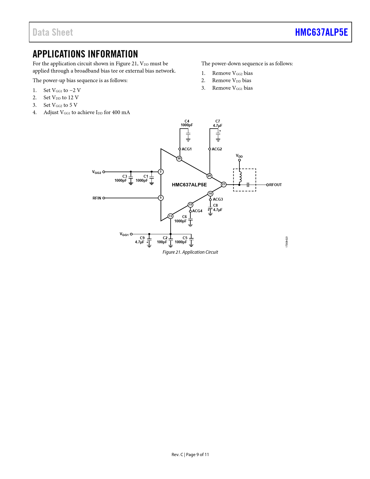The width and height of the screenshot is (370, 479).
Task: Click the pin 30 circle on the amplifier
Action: [x=179, y=159]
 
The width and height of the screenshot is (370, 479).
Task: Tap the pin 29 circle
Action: [x=209, y=176]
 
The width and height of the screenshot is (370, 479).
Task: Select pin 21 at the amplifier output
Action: [x=223, y=185]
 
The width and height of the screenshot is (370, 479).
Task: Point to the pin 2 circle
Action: [x=161, y=172]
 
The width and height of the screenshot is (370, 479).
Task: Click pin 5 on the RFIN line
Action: [x=161, y=198]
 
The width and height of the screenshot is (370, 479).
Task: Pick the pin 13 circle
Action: [x=170, y=216]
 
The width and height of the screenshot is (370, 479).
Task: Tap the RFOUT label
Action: [x=275, y=185]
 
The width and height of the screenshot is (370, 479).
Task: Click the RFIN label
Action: [x=97, y=198]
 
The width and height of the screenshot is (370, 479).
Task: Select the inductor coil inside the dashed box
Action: [x=240, y=176]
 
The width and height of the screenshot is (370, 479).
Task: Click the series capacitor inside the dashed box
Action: [x=248, y=185]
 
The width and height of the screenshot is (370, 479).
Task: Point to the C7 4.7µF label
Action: [x=218, y=123]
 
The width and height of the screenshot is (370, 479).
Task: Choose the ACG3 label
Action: [x=218, y=199]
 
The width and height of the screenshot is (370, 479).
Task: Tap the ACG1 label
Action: [x=187, y=149]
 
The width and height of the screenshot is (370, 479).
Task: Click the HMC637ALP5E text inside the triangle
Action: [x=189, y=185]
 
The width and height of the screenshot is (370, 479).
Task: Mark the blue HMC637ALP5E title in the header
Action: [x=321, y=32]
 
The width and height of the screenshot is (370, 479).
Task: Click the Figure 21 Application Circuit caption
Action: [x=190, y=252]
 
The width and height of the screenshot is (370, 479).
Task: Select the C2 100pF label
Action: [x=162, y=240]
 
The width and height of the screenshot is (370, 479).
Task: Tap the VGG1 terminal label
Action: [x=124, y=234]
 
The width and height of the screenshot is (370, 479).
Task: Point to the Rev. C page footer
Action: [x=190, y=455]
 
